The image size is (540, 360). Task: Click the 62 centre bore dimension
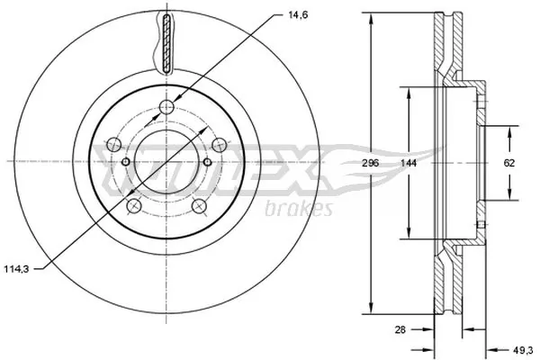click(x=509, y=163)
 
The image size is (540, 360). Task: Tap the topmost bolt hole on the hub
click(x=166, y=109)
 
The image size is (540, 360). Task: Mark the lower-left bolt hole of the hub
click(x=134, y=206)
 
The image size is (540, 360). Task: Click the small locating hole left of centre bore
click(x=126, y=162)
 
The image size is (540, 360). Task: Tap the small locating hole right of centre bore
click(x=206, y=162)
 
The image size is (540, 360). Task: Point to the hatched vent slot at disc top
click(x=166, y=43)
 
